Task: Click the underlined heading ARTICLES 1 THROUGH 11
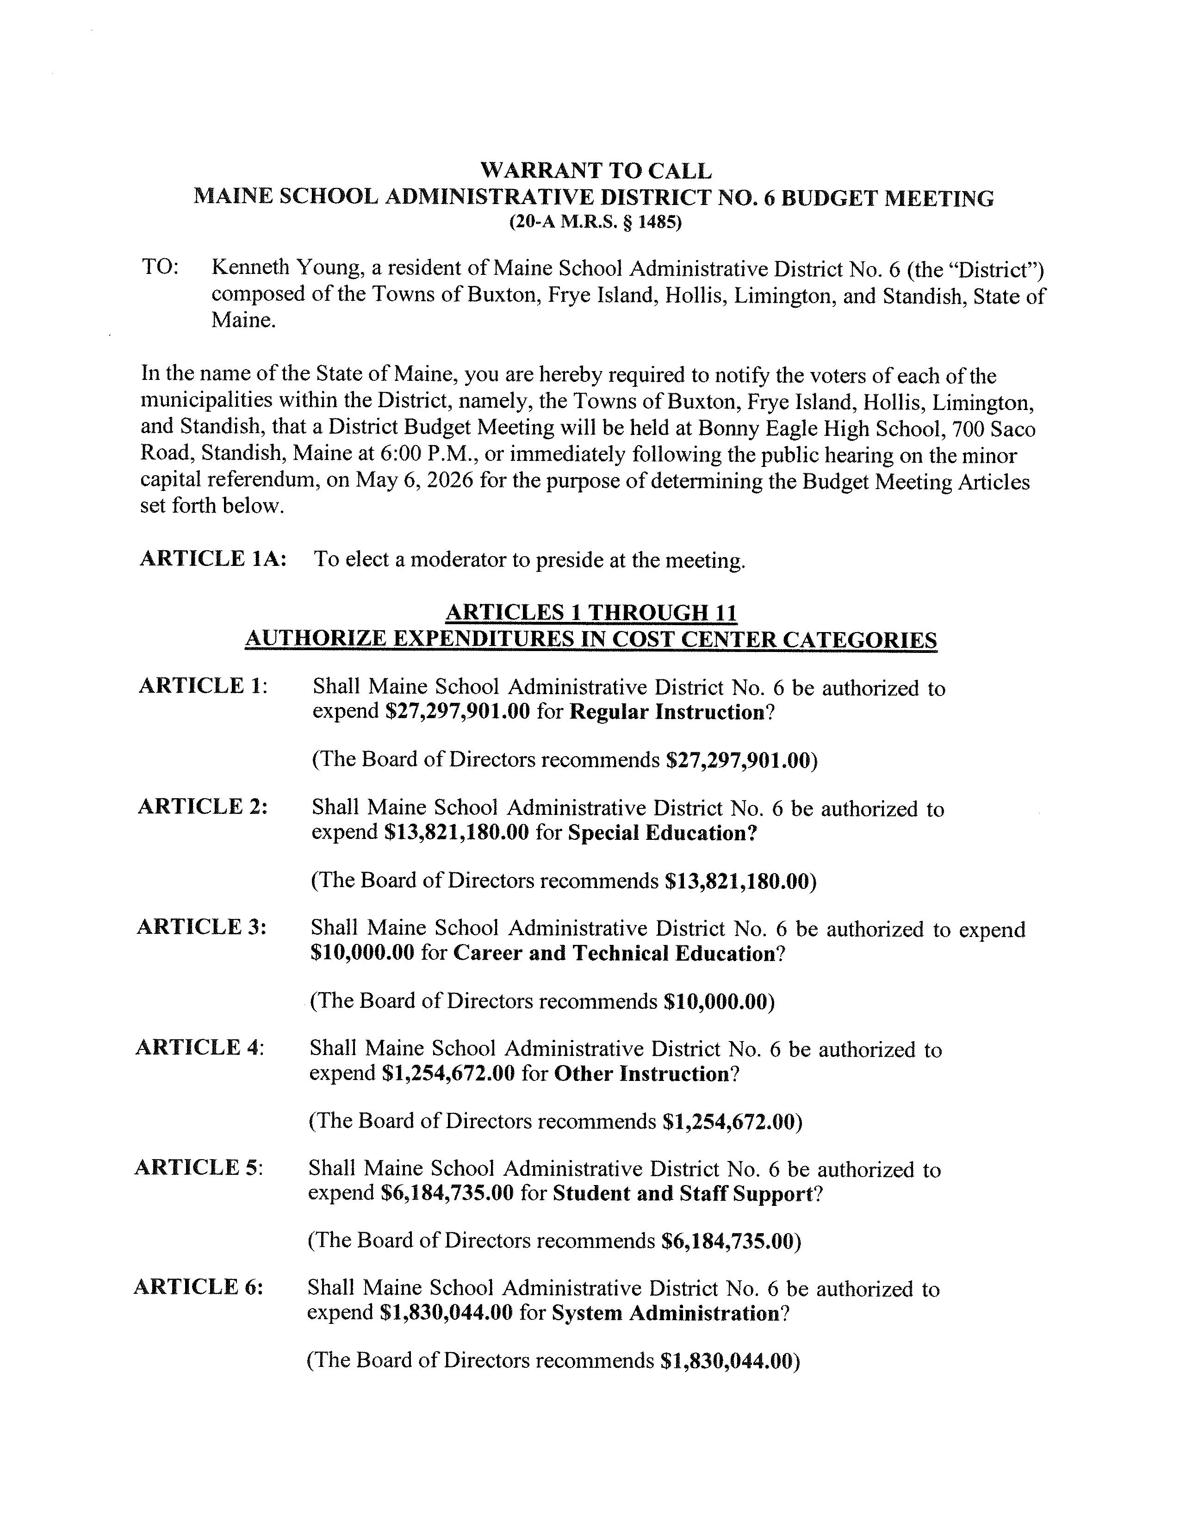[x=591, y=613]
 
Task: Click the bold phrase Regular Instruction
[x=666, y=713]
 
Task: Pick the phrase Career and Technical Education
[x=615, y=954]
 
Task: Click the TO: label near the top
[x=160, y=267]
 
